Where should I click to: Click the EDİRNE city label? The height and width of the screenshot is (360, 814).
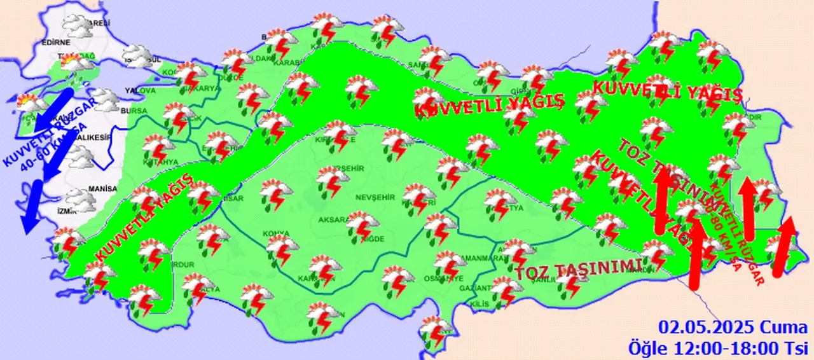click(x=55, y=43)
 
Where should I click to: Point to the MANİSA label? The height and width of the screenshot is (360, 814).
click(x=104, y=189)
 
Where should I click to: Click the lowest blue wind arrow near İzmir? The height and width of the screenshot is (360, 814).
click(x=31, y=207)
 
